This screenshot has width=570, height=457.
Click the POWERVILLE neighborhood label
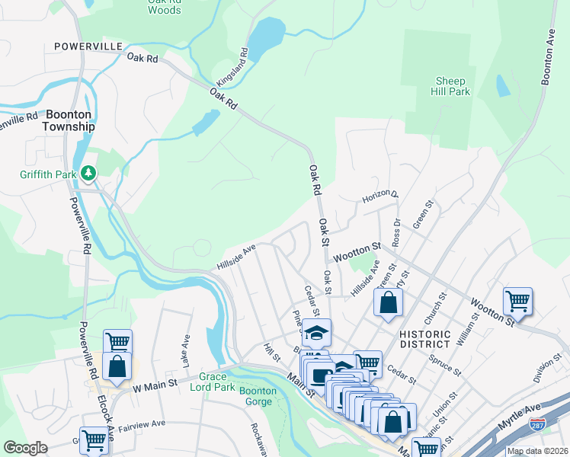click(88, 46)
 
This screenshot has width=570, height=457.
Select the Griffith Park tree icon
click(90, 174)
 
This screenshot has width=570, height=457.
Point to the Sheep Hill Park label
click(452, 85)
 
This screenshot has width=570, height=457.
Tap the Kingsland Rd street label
click(232, 66)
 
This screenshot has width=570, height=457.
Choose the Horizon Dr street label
click(379, 195)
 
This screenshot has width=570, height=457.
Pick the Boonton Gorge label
click(258, 396)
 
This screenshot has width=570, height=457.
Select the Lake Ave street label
click(185, 349)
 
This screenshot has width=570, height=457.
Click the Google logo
click(26, 448)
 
